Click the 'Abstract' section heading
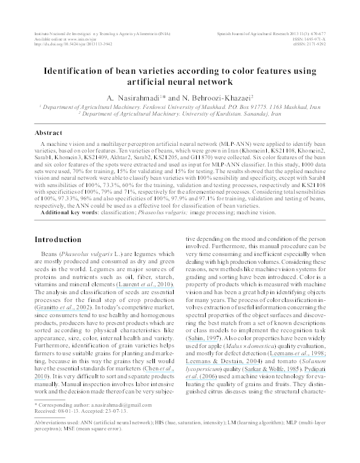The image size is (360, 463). (x=48, y=133)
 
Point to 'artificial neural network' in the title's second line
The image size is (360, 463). (x=180, y=80)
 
